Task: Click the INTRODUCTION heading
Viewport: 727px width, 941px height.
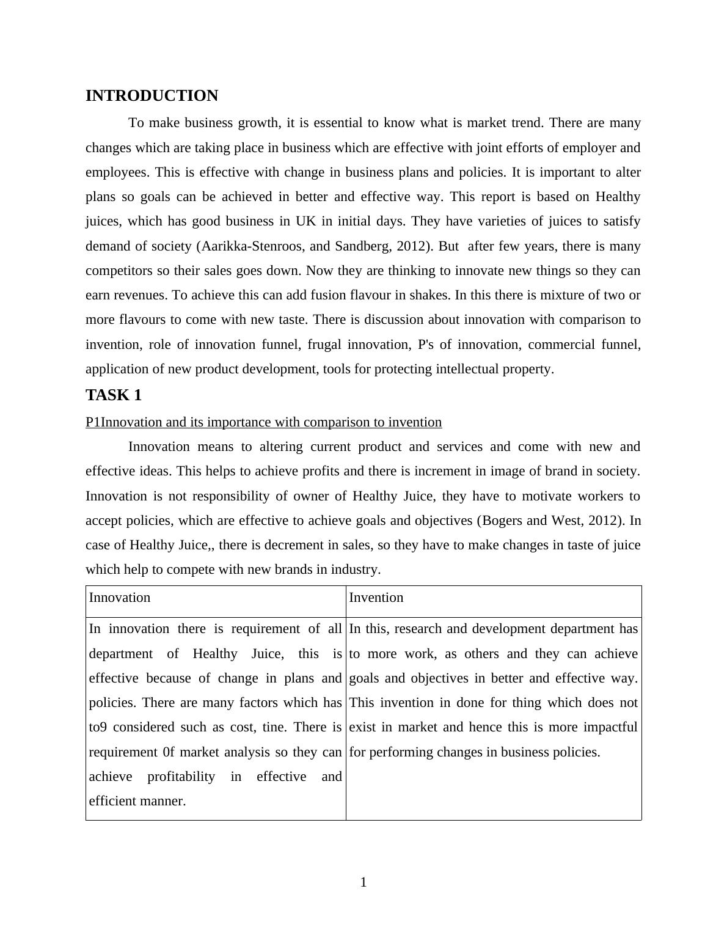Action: coord(152,96)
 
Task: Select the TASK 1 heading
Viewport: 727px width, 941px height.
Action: coord(114,395)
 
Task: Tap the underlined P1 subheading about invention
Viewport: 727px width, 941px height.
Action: coord(263,422)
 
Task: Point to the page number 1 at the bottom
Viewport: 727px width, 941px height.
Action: coord(364,882)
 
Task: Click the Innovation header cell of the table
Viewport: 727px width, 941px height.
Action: coord(120,598)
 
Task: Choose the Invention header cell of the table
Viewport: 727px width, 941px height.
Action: coord(376,598)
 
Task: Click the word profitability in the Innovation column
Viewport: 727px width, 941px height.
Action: coord(181,777)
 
